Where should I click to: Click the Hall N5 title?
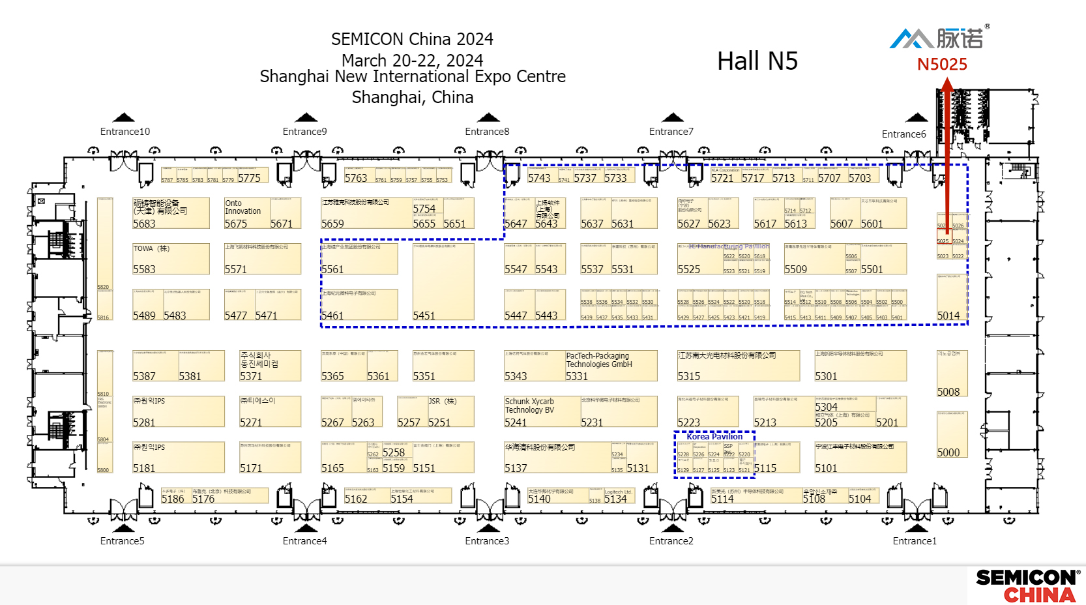[757, 61]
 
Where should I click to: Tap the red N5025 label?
[942, 65]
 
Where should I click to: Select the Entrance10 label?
[125, 132]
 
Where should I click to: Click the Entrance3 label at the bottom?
[487, 541]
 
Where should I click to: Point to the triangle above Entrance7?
[672, 118]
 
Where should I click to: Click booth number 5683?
[144, 224]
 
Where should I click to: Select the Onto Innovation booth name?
[242, 207]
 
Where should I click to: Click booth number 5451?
[424, 316]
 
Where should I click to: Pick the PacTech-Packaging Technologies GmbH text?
[598, 360]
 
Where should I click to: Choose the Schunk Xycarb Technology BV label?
[529, 406]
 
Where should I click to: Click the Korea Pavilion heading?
[714, 437]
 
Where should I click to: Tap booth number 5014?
[948, 316]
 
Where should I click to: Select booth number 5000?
[948, 452]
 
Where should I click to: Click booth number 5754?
[424, 209]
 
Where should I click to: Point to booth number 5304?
[826, 407]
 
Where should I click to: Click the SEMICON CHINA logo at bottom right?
[1027, 585]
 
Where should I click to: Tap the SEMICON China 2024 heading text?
[412, 39]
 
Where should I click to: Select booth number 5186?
[173, 499]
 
